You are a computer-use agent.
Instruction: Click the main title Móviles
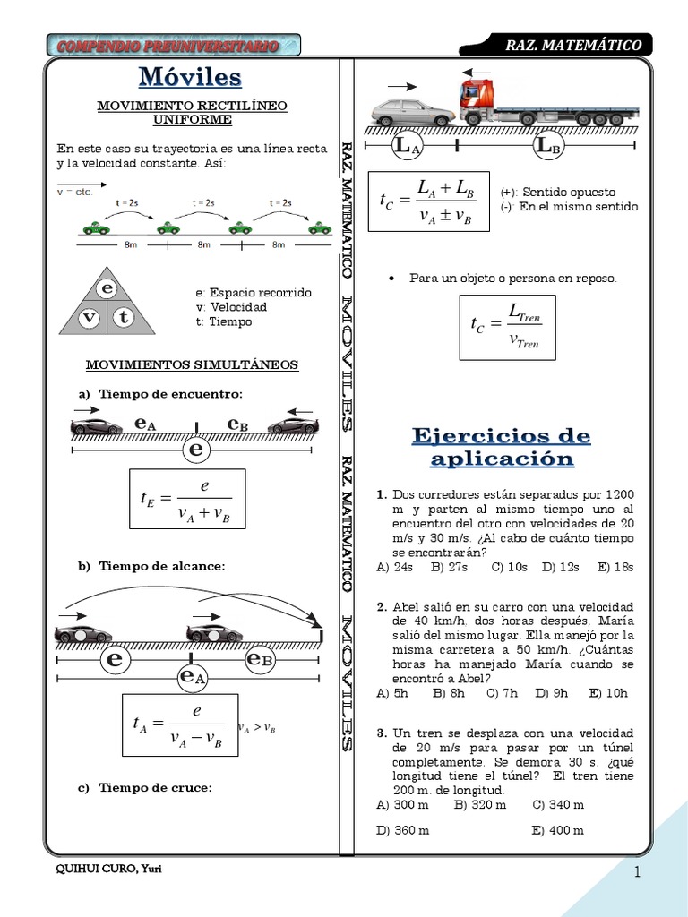(190, 77)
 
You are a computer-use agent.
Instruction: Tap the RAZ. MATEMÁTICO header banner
(573, 45)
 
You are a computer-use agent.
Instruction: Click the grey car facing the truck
(414, 112)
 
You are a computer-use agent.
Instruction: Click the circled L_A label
(407, 146)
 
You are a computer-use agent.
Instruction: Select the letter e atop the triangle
(107, 288)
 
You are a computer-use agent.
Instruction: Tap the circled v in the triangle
(89, 318)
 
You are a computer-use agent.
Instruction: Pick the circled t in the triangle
(124, 318)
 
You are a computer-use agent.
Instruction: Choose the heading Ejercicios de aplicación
(501, 447)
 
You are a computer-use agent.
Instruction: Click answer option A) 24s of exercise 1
(395, 567)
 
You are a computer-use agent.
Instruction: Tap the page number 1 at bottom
(639, 872)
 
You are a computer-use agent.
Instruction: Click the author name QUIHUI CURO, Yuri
(108, 870)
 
